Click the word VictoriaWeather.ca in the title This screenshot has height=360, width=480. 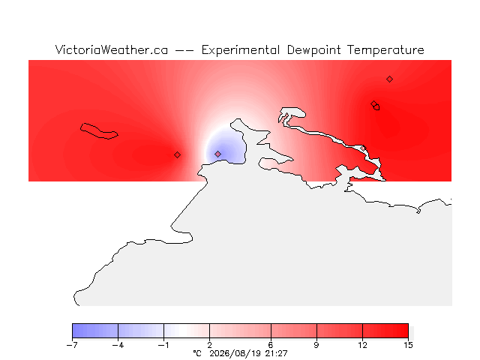[112, 50]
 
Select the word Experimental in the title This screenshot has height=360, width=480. [241, 50]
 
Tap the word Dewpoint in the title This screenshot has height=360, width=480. [313, 50]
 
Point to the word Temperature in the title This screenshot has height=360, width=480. [385, 50]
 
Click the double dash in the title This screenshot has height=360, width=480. [184, 50]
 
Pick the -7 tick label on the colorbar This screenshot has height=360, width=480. [72, 345]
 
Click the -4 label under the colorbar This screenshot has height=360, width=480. [118, 345]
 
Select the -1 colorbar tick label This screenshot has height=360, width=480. [163, 345]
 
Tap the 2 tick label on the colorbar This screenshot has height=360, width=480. [210, 345]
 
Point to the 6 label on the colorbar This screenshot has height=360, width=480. [271, 345]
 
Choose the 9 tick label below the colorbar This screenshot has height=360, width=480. [316, 345]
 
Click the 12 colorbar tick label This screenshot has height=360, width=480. [362, 345]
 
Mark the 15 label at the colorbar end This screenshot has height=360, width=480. [408, 345]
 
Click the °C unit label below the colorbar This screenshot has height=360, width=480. [197, 353]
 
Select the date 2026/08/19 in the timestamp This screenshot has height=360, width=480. [235, 353]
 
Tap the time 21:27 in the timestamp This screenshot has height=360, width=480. [277, 353]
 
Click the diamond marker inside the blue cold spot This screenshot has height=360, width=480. [217, 154]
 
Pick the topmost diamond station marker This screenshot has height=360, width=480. [389, 79]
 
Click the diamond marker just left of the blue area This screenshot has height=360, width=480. [177, 155]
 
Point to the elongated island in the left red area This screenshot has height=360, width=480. [99, 131]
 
